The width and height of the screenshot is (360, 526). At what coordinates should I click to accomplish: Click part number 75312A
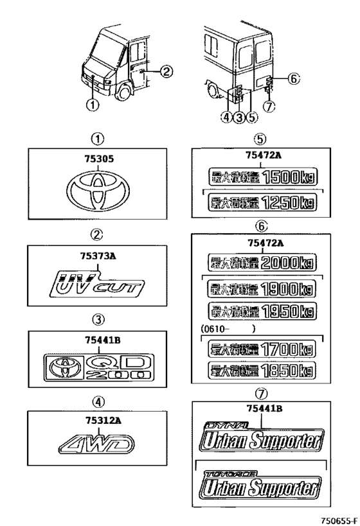(x=97, y=419)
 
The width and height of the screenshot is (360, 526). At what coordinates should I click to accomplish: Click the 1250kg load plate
(x=260, y=203)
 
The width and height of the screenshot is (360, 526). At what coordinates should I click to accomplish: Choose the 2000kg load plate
(x=260, y=263)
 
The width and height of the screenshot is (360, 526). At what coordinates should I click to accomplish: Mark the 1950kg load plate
(x=260, y=312)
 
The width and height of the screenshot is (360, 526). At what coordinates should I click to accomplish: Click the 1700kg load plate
(x=260, y=349)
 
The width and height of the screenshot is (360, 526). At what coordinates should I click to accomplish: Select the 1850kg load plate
(x=260, y=372)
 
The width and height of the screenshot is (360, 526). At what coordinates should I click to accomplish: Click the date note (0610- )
(x=229, y=328)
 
